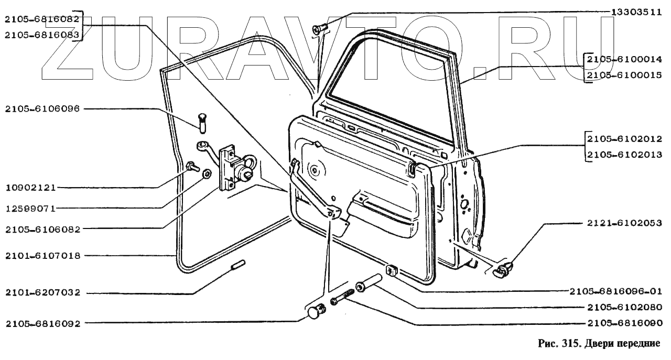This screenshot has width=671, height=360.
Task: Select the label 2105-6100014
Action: click(623, 59)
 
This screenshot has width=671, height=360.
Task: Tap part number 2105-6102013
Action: click(623, 155)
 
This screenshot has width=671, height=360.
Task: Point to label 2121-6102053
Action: click(623, 223)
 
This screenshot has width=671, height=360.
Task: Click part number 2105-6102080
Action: click(623, 307)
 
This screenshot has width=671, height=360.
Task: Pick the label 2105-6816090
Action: click(623, 323)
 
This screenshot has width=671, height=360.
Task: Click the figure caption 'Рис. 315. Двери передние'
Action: click(597, 344)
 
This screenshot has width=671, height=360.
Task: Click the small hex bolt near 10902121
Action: click(191, 167)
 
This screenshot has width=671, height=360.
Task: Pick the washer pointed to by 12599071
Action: click(207, 172)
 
